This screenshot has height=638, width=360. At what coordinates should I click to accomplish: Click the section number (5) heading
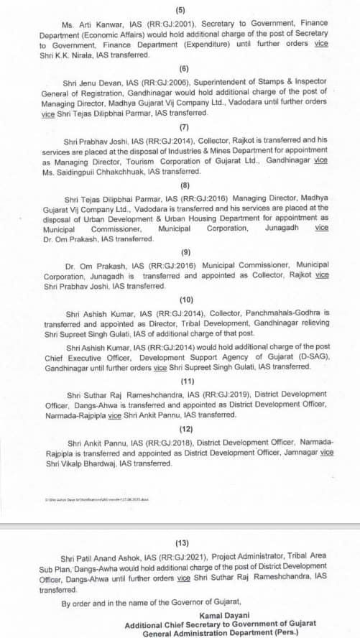180,9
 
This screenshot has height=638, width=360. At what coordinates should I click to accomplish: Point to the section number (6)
180,68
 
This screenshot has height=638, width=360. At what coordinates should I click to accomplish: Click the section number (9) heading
180,253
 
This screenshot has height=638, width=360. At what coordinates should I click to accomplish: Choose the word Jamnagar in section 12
296,453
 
